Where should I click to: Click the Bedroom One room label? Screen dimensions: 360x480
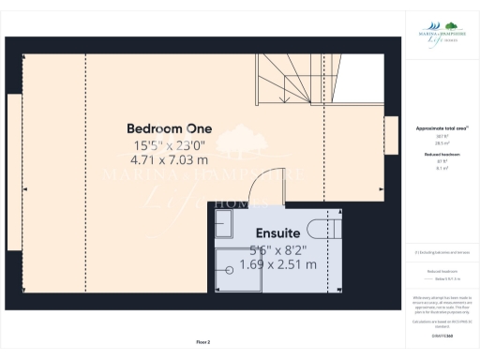click(x=170, y=128)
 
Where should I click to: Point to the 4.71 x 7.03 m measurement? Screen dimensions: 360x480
click(x=170, y=160)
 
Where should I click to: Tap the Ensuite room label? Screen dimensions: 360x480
click(x=277, y=232)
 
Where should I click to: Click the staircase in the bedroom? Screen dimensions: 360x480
click(x=286, y=79)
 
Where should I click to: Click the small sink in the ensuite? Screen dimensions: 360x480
click(x=225, y=223)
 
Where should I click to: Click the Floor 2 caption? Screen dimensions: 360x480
click(x=203, y=343)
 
